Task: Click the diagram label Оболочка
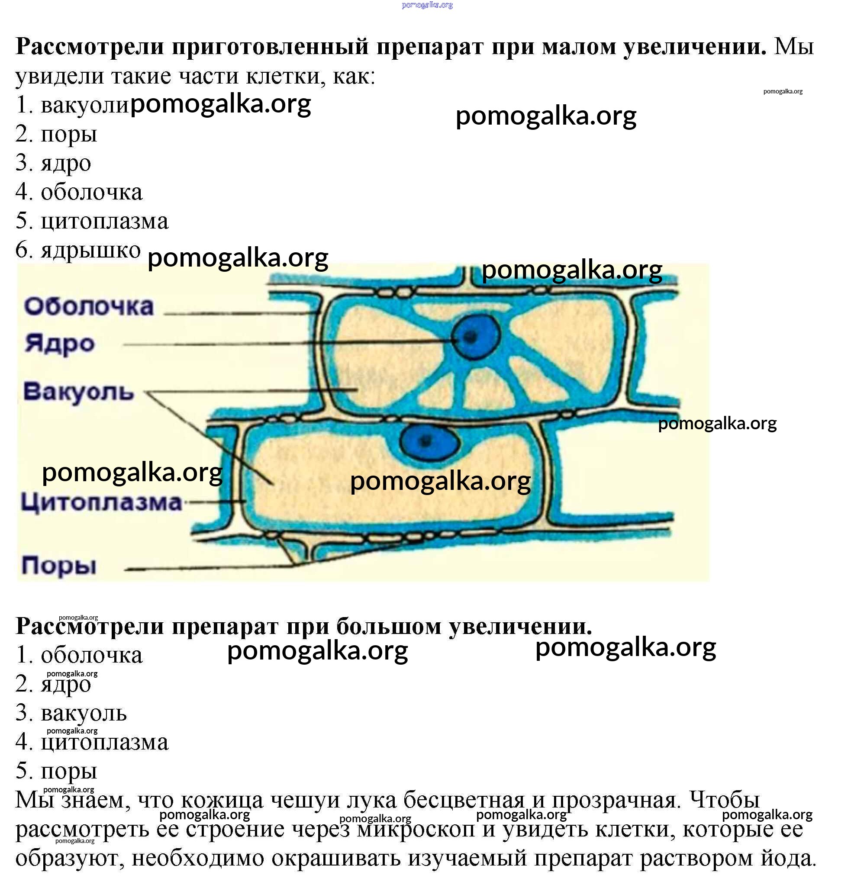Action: tap(89, 307)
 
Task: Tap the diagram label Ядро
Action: tap(59, 344)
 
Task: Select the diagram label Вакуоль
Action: tap(78, 392)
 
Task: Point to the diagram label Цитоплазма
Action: tap(101, 502)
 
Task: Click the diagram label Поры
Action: tap(59, 566)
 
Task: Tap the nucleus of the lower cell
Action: tap(428, 441)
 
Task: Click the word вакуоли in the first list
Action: tap(85, 105)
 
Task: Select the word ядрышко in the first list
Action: tap(90, 250)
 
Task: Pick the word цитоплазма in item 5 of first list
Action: tap(104, 221)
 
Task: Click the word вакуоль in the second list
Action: tap(84, 713)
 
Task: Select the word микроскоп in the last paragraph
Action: tap(416, 829)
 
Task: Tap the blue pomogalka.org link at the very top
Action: tap(427, 5)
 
